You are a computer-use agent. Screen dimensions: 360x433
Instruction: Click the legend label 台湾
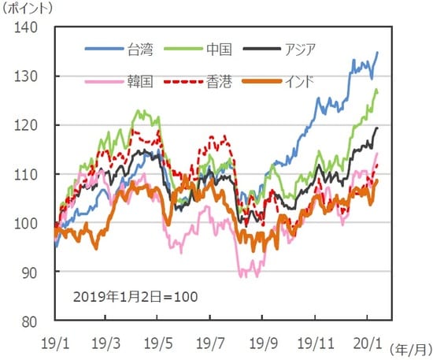click(x=141, y=50)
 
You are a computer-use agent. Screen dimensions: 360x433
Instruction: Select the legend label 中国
click(x=218, y=50)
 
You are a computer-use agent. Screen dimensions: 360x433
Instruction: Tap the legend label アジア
click(x=299, y=50)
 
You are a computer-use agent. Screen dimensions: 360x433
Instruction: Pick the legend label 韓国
click(x=140, y=80)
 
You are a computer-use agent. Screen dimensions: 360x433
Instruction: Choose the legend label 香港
click(x=218, y=80)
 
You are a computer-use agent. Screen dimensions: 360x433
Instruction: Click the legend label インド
click(x=299, y=80)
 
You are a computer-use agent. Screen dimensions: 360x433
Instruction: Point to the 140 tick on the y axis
click(x=27, y=28)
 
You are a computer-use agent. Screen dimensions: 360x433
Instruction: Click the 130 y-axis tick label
click(x=27, y=76)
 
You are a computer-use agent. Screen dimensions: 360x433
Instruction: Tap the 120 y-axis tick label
click(x=27, y=125)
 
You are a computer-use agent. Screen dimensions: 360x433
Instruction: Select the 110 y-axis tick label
click(x=27, y=174)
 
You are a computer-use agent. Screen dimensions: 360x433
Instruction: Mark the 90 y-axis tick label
click(x=30, y=272)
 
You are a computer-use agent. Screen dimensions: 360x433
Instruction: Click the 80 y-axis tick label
click(x=30, y=321)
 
